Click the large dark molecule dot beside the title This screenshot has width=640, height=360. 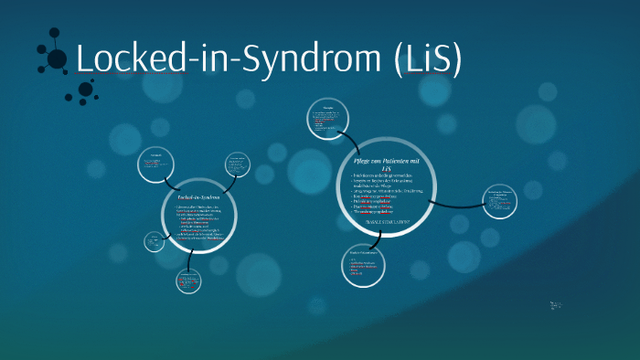tap(57, 59)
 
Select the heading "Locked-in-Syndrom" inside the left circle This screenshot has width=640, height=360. tap(198, 196)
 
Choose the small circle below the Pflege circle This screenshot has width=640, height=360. tap(361, 266)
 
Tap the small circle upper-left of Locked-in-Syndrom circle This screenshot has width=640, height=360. tap(156, 164)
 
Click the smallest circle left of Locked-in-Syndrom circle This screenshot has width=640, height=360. tap(153, 242)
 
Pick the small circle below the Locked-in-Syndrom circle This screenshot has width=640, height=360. tap(188, 281)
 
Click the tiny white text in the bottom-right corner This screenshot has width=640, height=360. tap(557, 305)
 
